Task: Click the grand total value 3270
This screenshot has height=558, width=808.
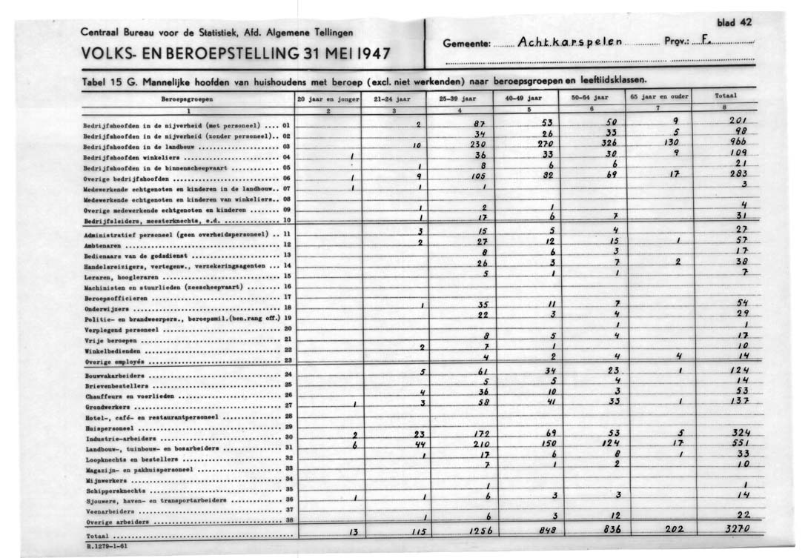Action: point(738,530)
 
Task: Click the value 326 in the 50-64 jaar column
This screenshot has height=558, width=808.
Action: point(611,145)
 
